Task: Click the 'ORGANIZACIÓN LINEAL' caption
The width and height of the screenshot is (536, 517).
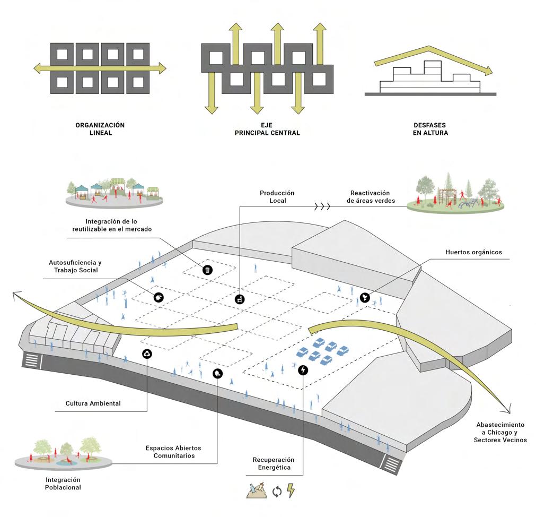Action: [100, 129]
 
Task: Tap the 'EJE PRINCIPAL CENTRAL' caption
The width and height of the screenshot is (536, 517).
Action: [267, 129]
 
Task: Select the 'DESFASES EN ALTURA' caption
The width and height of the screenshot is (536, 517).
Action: [430, 129]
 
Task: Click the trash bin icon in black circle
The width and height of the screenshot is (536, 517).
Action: [208, 270]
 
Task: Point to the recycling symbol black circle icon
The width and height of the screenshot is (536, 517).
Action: [147, 354]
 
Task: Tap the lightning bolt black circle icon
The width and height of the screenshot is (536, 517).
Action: [303, 369]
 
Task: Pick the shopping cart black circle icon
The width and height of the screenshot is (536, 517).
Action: [240, 299]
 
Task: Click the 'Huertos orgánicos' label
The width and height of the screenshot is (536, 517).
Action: [473, 252]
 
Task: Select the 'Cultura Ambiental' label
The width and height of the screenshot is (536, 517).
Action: [93, 403]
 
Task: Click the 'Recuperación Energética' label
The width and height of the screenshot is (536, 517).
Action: [274, 463]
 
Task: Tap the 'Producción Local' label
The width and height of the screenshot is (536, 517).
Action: [277, 197]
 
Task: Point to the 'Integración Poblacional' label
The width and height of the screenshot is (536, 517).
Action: [56, 483]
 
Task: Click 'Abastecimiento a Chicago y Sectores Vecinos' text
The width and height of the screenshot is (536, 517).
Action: [500, 433]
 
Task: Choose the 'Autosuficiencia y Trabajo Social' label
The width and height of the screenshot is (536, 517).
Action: [75, 266]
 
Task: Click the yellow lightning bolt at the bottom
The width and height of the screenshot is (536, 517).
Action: [291, 490]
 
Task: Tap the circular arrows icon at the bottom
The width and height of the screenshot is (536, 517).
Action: [276, 492]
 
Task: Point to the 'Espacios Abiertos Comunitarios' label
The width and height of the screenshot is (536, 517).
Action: [173, 452]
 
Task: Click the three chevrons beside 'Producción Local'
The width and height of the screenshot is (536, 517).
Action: [322, 206]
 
